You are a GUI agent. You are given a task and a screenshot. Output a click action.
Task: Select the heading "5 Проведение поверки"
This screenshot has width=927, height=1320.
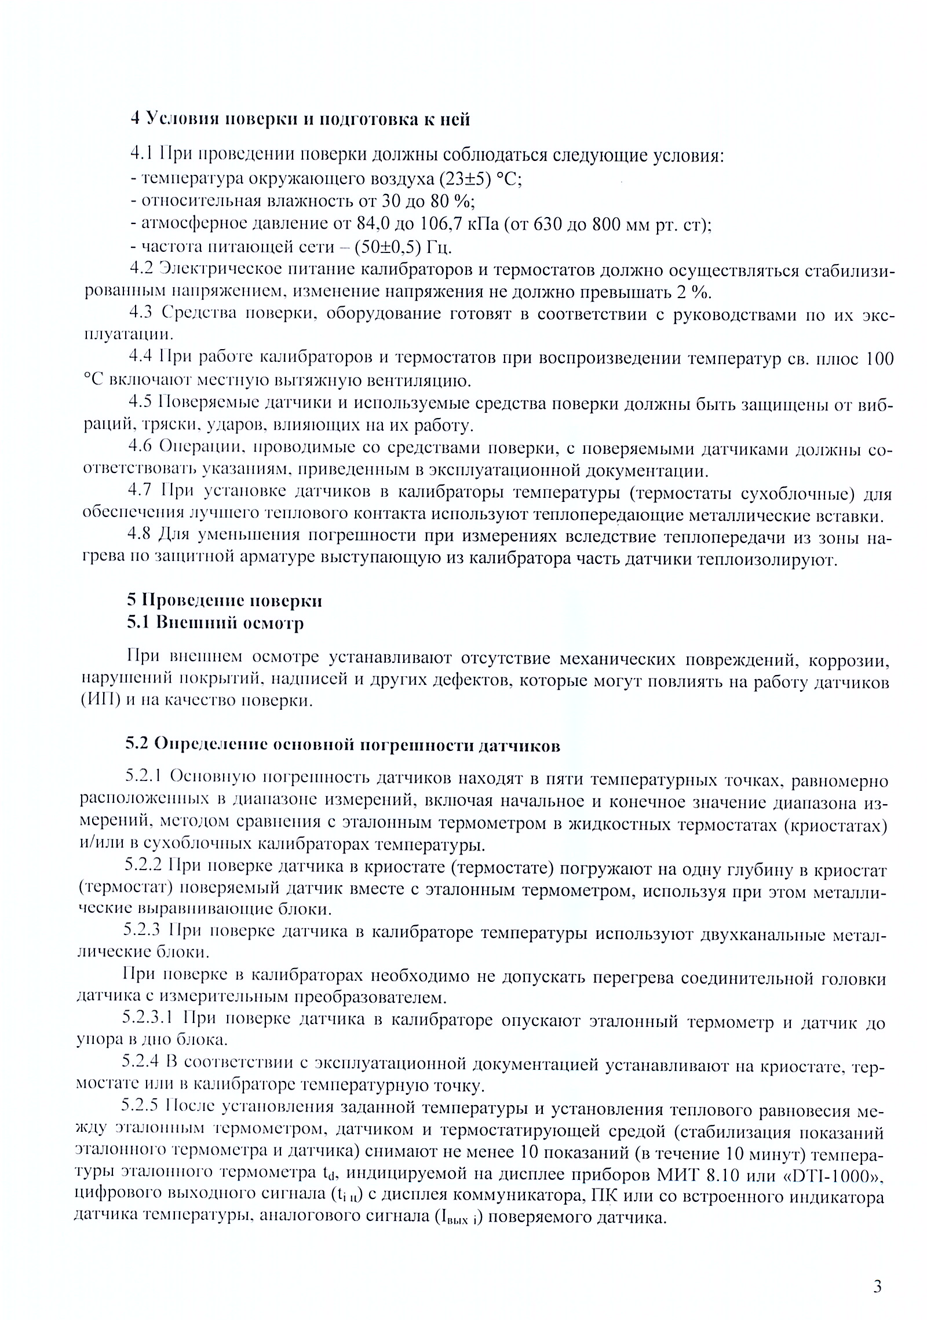coord(225,600)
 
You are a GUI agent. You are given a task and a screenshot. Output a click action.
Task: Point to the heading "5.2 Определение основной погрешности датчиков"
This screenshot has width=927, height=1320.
coord(343,745)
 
